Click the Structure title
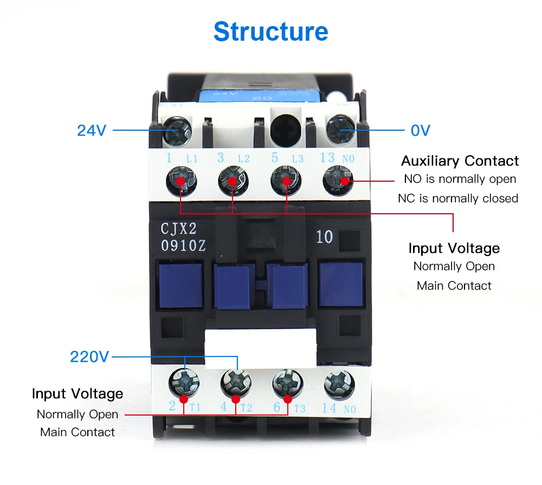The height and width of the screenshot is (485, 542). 270,31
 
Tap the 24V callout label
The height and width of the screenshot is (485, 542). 92,131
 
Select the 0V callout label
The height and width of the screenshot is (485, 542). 421,131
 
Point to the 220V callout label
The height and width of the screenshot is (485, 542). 89,356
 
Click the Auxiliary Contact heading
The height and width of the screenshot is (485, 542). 460,161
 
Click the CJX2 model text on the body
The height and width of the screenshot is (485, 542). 179,228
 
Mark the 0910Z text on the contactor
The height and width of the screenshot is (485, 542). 183,245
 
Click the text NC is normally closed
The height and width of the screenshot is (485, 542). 458,198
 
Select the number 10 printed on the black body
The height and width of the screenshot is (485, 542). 324,237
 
